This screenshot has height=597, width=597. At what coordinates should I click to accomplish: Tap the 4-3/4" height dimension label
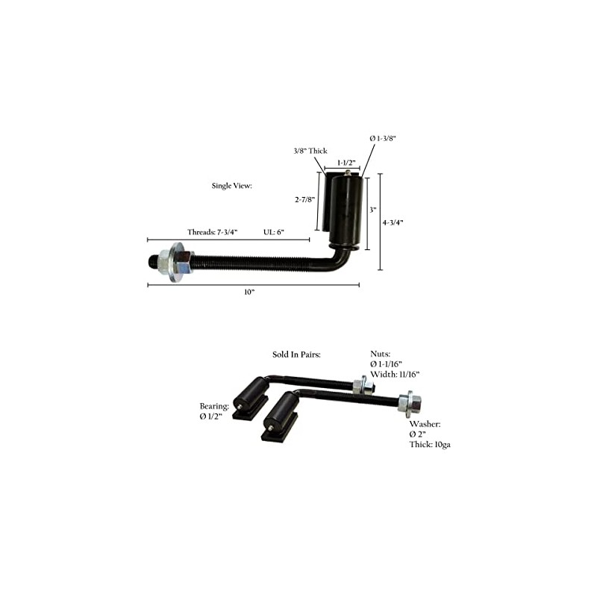393,222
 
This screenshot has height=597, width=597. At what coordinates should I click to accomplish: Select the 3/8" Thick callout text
310,151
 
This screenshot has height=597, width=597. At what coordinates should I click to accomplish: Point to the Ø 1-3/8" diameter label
382,138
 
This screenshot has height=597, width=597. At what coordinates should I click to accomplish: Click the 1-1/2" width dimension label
345,161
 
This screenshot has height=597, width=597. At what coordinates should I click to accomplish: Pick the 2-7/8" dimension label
304,199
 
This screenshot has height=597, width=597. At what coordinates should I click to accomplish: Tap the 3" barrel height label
372,210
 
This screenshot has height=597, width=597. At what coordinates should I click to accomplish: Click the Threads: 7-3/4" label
212,232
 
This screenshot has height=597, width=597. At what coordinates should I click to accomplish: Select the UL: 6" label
275,232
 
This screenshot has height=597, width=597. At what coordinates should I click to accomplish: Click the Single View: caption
233,185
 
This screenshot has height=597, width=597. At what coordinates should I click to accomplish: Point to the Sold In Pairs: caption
296,354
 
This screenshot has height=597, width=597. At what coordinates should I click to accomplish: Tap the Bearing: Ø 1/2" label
213,411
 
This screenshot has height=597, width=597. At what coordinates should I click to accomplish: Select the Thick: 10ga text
430,444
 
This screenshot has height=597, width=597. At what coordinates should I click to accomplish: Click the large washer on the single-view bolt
178,263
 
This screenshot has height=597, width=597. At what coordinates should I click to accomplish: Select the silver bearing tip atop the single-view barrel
348,172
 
